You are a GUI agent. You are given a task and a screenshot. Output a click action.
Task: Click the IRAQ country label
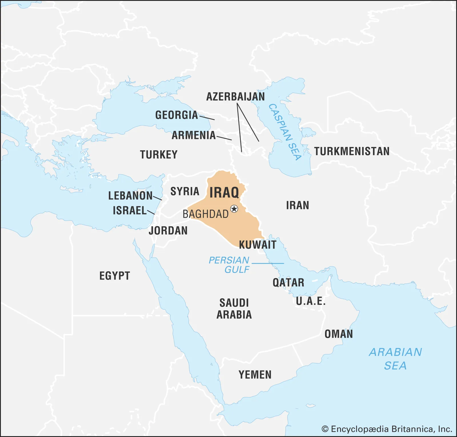tap(224, 193)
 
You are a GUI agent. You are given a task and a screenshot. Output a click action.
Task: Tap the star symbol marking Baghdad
tap(234, 209)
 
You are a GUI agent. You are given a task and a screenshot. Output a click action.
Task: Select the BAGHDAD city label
tap(205, 214)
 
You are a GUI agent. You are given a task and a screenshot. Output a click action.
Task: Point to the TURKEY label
tap(159, 155)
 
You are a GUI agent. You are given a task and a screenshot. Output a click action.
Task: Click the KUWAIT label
tap(258, 245)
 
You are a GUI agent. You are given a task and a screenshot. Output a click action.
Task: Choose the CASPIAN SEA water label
tap(285, 132)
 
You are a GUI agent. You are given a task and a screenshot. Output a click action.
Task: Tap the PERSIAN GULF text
tap(229, 265)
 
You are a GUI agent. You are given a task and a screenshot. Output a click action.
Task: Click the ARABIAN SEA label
tap(395, 359)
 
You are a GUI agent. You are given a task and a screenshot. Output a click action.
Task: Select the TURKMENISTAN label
tap(352, 151)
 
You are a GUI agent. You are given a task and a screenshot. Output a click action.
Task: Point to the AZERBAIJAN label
tap(235, 97)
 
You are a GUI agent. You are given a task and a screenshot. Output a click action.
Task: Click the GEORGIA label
tap(177, 115)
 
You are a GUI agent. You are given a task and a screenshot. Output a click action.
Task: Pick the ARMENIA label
tap(194, 135)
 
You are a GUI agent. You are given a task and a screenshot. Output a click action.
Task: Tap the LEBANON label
tap(131, 196)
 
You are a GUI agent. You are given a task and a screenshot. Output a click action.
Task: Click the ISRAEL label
tap(130, 211)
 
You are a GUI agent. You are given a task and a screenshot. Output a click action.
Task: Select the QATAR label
tap(288, 283)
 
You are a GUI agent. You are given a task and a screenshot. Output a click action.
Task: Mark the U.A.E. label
tap(310, 301)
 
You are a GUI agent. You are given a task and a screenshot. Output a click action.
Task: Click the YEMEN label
tap(255, 375)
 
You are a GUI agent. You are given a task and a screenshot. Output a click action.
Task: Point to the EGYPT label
tap(115, 276)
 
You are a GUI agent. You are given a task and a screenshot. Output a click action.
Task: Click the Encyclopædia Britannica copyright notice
tap(387, 429)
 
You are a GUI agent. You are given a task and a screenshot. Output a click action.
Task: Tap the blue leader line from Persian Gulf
tap(268, 263)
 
